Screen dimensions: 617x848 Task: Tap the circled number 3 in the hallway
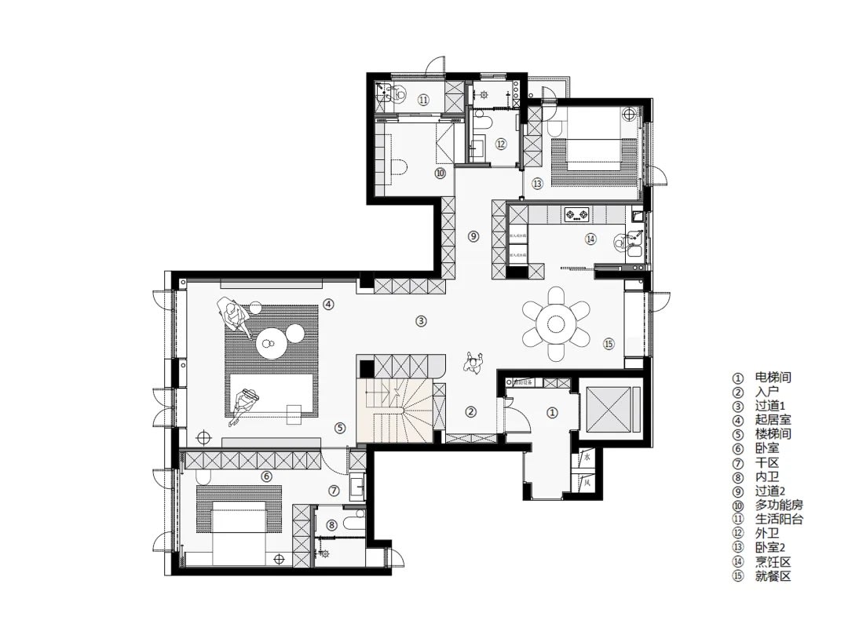point(422,320)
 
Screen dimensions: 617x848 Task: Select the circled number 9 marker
point(473,235)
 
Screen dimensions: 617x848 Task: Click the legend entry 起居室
point(773,420)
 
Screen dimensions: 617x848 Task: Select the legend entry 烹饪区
point(773,562)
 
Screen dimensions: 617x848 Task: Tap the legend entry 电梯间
point(773,378)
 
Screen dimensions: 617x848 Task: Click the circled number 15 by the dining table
point(609,343)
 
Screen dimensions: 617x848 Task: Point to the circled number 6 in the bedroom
point(266,476)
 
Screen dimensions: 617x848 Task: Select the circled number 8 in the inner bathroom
point(331,525)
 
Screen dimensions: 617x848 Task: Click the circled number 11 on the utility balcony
point(422,100)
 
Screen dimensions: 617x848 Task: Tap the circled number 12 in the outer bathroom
point(500,144)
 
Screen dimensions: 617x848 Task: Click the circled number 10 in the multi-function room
point(440,173)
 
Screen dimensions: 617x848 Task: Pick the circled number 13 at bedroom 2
point(537,184)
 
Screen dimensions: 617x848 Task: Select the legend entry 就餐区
point(773,576)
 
